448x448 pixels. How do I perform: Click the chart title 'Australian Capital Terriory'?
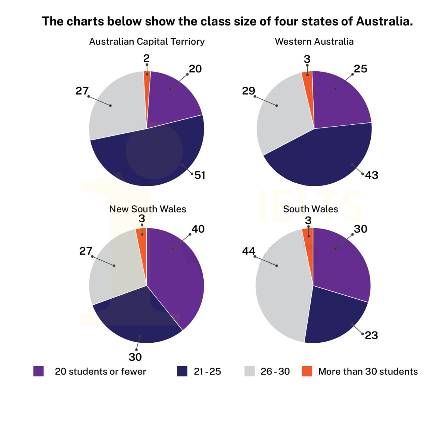coord(147,41)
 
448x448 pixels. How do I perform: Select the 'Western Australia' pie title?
coord(314,41)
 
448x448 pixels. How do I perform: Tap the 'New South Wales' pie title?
coord(147,209)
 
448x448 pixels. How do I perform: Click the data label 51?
coord(200,175)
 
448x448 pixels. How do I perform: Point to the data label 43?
coord(371,175)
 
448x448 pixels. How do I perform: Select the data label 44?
coord(249,251)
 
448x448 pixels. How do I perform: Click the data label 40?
coord(198,229)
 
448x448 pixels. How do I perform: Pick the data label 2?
coord(146,58)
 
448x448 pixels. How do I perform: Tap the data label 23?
coord(371,335)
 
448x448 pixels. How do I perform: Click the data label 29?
coord(249,91)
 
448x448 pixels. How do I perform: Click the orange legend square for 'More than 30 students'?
coord(307,371)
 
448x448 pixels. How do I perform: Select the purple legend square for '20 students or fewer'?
coord(38,371)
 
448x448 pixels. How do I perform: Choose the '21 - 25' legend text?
coord(207,371)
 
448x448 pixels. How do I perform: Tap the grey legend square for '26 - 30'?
coord(249,371)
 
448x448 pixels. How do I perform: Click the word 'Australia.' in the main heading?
coord(384,21)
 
